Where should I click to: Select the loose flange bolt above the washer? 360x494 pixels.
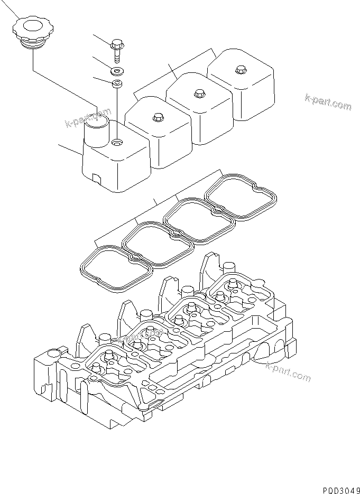(116, 50)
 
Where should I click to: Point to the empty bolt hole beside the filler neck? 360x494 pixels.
(117, 142)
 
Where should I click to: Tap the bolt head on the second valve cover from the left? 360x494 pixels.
(157, 117)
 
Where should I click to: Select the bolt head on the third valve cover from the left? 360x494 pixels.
(199, 93)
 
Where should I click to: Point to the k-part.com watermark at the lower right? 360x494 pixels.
(289, 371)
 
